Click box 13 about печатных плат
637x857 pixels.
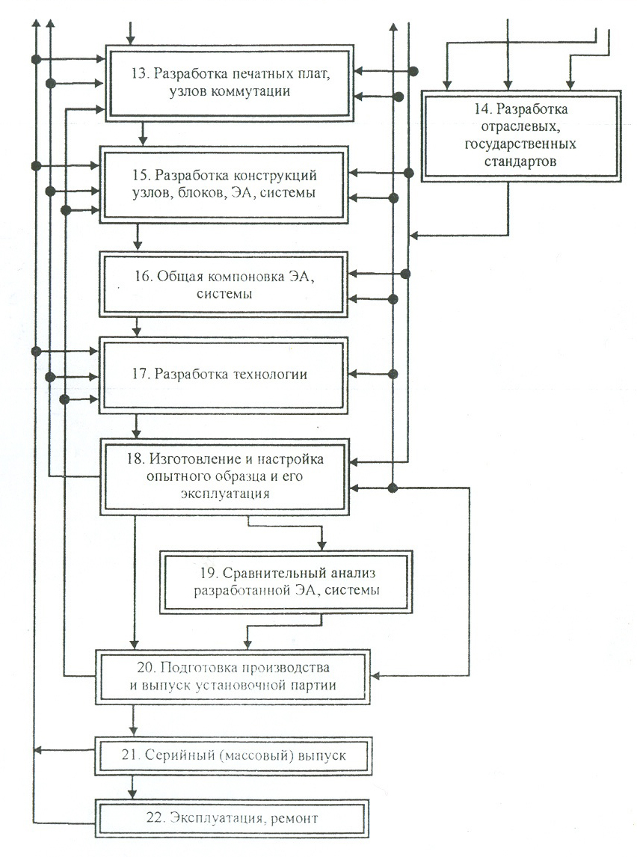(230, 82)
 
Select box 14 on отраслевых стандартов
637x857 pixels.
(521, 135)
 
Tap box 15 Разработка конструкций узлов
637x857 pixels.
(224, 184)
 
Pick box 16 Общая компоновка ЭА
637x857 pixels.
(224, 284)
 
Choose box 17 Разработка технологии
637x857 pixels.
(224, 375)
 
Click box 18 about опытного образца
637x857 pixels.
(224, 476)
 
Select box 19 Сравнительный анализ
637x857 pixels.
(286, 582)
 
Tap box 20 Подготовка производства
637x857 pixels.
(233, 676)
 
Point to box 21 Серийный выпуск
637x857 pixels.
(233, 756)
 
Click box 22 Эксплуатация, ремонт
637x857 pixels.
(232, 818)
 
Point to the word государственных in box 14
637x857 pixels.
(520, 144)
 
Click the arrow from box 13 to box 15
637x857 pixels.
(143, 133)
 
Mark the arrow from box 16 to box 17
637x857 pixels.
(137, 327)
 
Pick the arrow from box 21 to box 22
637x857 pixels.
(132, 787)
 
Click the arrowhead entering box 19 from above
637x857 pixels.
(321, 545)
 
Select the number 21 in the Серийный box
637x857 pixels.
(129, 755)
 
